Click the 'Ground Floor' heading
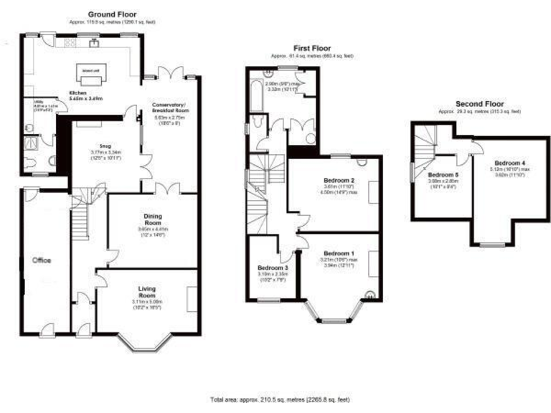113,14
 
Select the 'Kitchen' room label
77,94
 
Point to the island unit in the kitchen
90,73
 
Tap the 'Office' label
40,260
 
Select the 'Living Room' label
147,292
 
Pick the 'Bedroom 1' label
338,254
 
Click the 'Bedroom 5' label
442,174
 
